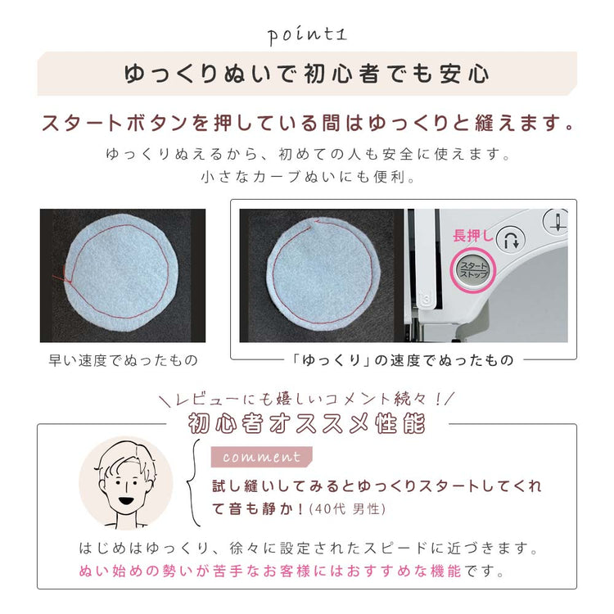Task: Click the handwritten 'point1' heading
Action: [x=307, y=36]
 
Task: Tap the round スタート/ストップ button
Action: [x=473, y=270]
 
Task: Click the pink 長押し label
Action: [x=472, y=236]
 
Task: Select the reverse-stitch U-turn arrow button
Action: [x=511, y=239]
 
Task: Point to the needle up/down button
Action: [x=557, y=221]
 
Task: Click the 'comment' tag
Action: [x=262, y=457]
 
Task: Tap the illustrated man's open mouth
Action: [x=125, y=501]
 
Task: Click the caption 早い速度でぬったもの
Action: [x=124, y=360]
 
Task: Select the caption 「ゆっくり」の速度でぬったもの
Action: [x=403, y=360]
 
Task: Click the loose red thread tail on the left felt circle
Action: [x=61, y=276]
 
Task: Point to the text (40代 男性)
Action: [x=347, y=509]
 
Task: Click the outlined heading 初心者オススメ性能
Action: [x=307, y=424]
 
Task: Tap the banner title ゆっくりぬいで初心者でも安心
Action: [x=307, y=74]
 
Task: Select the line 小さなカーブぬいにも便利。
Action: [x=308, y=178]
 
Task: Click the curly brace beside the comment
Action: [x=192, y=482]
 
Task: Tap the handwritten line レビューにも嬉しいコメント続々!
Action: [x=307, y=399]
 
